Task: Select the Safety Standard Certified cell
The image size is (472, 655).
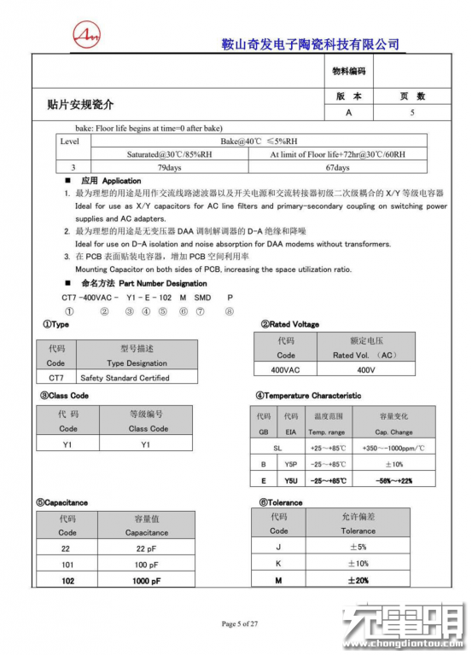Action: coord(125,377)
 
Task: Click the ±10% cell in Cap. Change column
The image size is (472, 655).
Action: coord(393,464)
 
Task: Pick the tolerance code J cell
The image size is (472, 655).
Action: coord(279,547)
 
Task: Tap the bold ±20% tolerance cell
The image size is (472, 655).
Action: coord(358,580)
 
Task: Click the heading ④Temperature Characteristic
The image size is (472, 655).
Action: coord(308,396)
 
